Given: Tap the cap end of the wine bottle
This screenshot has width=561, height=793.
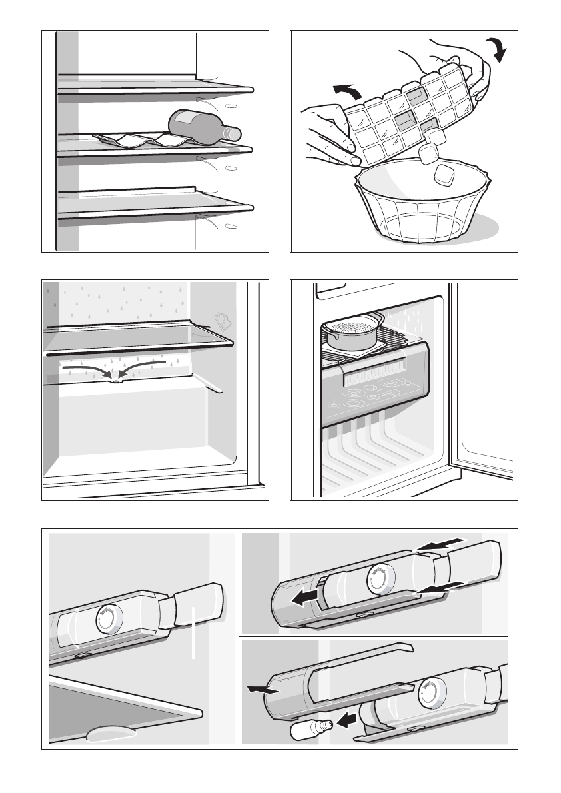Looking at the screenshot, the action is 234,133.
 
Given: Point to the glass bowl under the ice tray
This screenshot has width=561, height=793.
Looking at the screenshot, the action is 423,207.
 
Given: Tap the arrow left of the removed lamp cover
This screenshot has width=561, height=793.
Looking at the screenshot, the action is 259,690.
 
